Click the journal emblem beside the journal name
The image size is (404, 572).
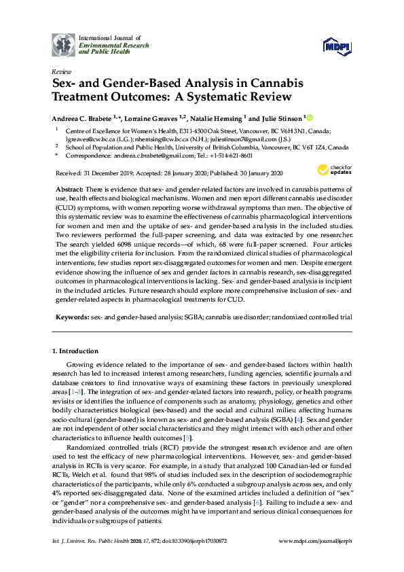click(x=64, y=44)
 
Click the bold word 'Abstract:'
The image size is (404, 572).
click(x=67, y=187)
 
